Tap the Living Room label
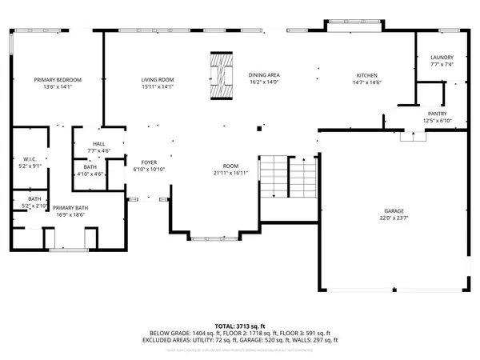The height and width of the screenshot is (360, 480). (x=158, y=80)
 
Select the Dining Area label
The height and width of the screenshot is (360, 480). (x=263, y=74)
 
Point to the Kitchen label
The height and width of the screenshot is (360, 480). (x=366, y=75)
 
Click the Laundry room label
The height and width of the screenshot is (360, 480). (x=442, y=58)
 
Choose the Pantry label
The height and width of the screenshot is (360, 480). (x=437, y=114)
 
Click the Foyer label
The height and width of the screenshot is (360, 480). (x=148, y=162)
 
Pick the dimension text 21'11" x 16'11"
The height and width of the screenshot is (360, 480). (x=231, y=173)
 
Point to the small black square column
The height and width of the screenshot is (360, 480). (x=258, y=127)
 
